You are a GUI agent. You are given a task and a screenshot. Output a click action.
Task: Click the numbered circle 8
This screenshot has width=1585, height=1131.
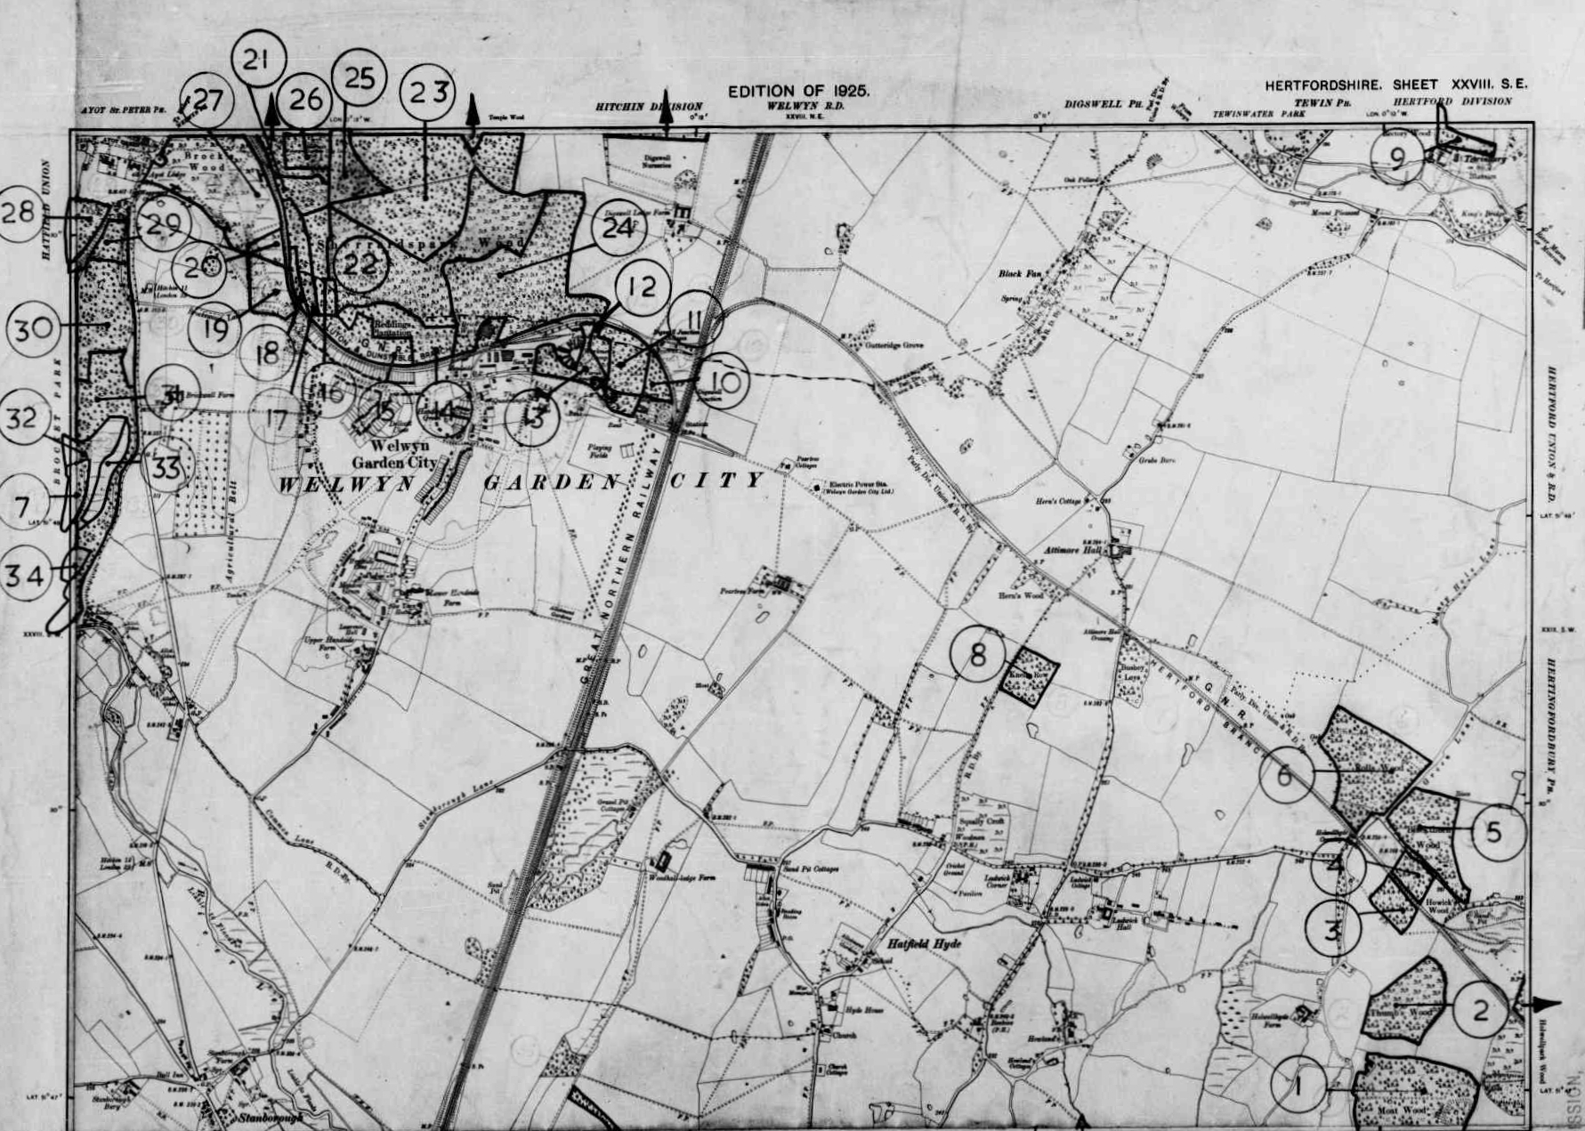click(978, 655)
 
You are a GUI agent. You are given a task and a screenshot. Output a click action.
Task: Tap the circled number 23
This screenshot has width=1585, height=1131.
click(427, 92)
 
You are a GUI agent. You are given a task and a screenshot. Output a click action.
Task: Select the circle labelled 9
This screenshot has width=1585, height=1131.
click(1398, 158)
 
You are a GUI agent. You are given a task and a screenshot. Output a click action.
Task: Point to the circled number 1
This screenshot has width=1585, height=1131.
click(1298, 1085)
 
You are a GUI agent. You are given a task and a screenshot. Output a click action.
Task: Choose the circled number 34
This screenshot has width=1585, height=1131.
click(25, 576)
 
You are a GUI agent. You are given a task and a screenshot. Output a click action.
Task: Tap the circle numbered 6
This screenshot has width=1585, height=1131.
click(1286, 774)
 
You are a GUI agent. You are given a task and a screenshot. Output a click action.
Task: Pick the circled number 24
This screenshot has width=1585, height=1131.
click(619, 229)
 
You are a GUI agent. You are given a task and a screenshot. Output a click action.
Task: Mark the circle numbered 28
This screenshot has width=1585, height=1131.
click(19, 213)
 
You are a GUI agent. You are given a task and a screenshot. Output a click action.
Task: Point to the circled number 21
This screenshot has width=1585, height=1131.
click(258, 60)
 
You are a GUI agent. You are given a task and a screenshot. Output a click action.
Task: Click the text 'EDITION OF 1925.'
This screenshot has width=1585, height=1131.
click(798, 91)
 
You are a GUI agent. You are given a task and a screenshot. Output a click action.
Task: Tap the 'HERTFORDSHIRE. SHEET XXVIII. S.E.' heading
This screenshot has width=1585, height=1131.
click(1395, 85)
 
